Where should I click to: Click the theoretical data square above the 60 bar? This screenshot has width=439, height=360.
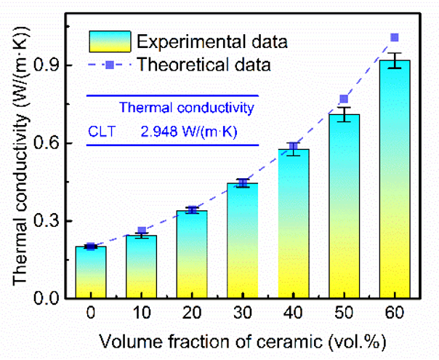pos(395,38)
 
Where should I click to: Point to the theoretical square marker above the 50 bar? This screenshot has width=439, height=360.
pos(345,99)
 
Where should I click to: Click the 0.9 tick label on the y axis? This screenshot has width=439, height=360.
pos(57,65)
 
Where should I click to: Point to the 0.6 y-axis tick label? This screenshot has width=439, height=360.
pos(57,143)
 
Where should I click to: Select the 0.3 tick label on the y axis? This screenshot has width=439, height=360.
pos(57,221)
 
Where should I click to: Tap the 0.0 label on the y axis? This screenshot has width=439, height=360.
pos(57,299)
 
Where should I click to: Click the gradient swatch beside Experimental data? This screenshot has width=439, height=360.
pos(110,41)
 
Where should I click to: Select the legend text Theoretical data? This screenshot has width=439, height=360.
pos(206,65)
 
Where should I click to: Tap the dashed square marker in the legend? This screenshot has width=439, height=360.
pos(110,65)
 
